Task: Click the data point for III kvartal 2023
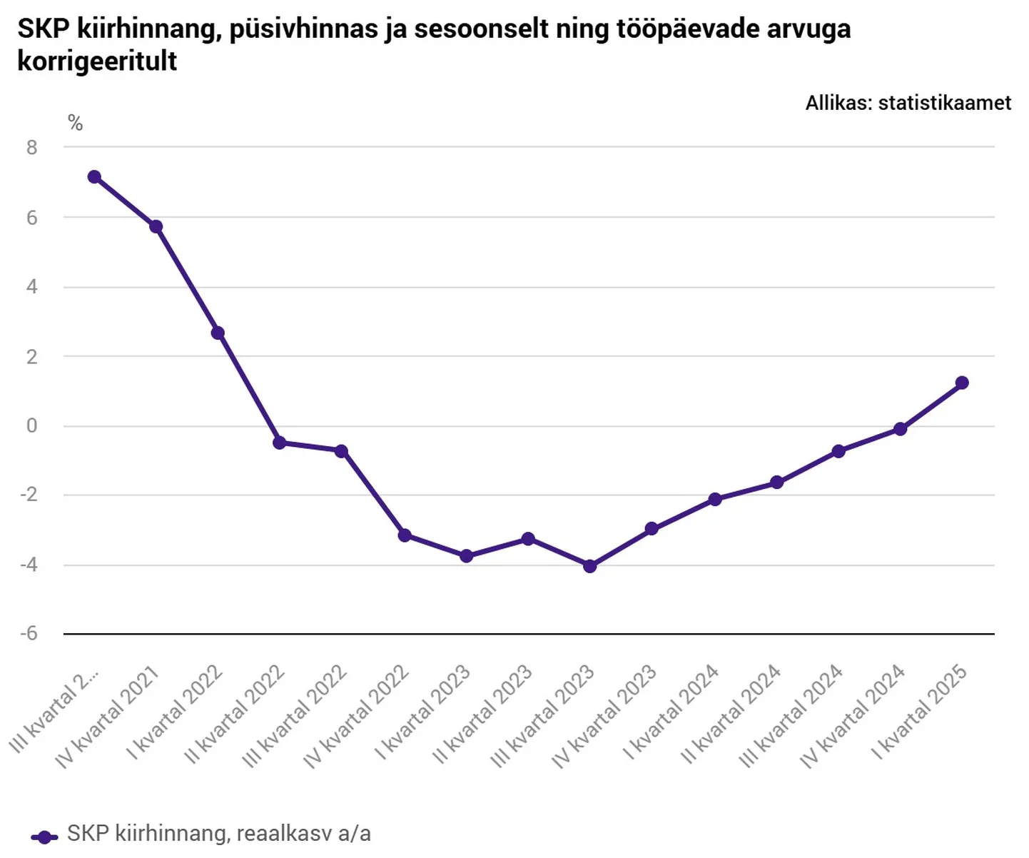[589, 566]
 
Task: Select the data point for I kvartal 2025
[962, 383]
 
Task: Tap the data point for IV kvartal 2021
[156, 227]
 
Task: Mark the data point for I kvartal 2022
[218, 333]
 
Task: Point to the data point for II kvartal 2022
[280, 443]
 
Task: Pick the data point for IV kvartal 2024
[900, 429]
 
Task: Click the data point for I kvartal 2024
[714, 499]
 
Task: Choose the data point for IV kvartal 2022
[405, 535]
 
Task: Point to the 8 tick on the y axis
[32, 148]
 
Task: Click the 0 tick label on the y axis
[32, 426]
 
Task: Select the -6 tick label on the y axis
[29, 634]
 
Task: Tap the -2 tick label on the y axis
[29, 495]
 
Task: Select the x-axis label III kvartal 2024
[791, 715]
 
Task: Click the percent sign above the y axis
[76, 124]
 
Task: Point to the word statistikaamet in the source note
[944, 103]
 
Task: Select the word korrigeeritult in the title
[97, 61]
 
